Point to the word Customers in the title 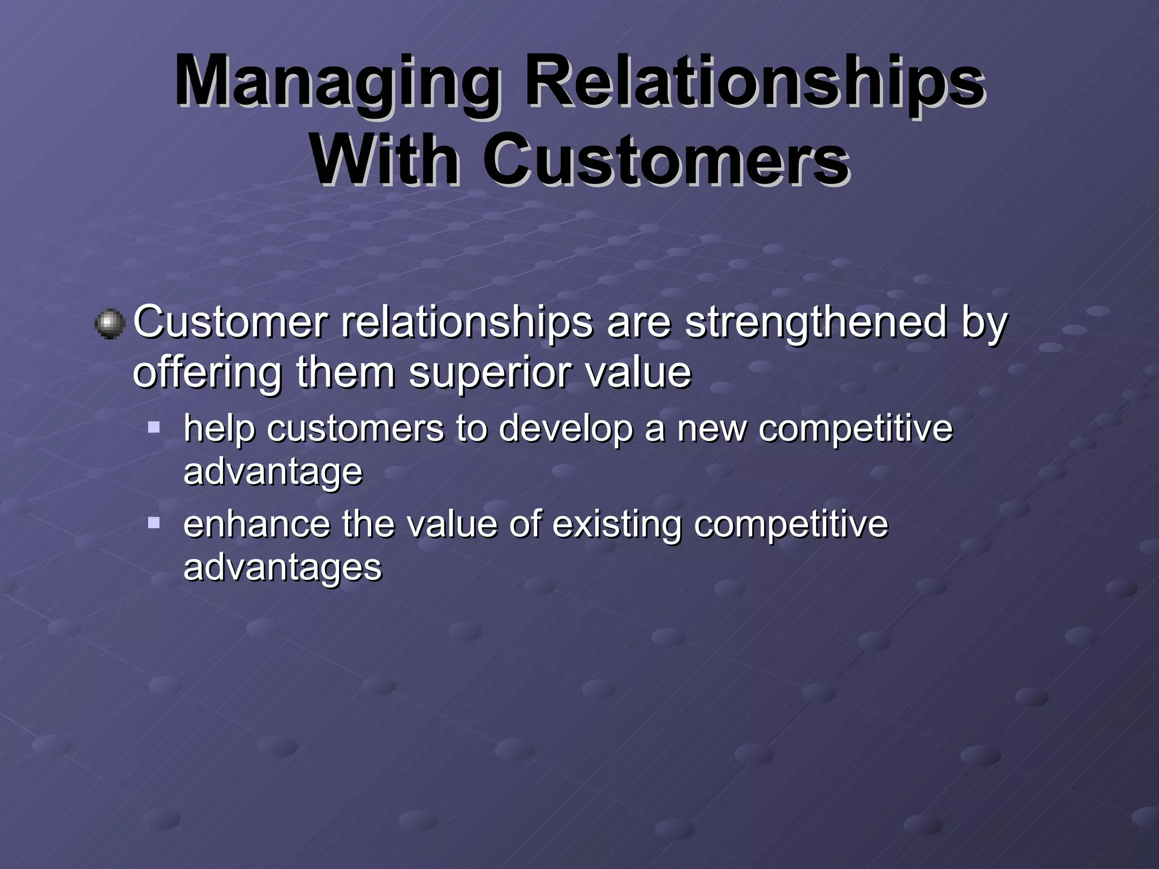click(666, 160)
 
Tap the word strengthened click(815, 322)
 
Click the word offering click(207, 373)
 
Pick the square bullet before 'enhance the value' click(154, 522)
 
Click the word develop click(565, 428)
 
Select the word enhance click(256, 524)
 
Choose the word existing click(616, 524)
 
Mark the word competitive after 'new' click(855, 428)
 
